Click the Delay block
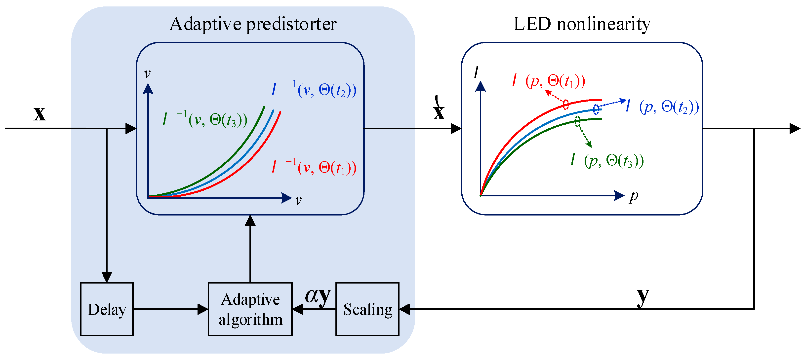107,309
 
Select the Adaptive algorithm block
250,309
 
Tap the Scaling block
367,309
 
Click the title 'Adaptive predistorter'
253,24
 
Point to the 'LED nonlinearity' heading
582,24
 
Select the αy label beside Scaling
318,295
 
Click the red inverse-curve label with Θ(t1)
314,168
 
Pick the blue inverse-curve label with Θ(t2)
314,90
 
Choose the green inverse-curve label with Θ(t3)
205,119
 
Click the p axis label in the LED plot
634,197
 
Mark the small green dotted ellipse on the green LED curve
578,121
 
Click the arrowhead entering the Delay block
107,277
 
